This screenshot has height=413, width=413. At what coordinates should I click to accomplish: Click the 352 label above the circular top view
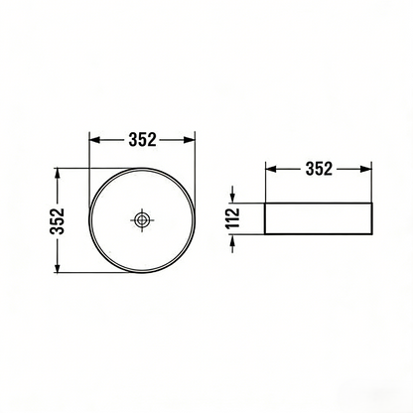[143, 140]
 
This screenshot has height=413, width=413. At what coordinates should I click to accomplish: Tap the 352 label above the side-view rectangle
[319, 169]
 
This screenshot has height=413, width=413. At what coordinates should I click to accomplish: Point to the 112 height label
[232, 219]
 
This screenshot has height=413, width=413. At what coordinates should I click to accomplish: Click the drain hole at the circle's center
[143, 219]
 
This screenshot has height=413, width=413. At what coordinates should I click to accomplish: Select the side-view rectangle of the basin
[319, 219]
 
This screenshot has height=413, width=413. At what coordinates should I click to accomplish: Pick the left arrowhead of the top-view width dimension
[94, 140]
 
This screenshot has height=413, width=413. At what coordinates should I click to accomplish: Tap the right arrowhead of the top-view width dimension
[192, 140]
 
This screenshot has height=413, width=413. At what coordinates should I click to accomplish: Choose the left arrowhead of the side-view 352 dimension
[271, 169]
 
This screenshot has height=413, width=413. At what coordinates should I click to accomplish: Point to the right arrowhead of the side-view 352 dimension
[367, 169]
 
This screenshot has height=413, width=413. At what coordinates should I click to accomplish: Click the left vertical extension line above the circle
[89, 154]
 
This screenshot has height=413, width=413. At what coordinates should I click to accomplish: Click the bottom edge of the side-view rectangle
[319, 236]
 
